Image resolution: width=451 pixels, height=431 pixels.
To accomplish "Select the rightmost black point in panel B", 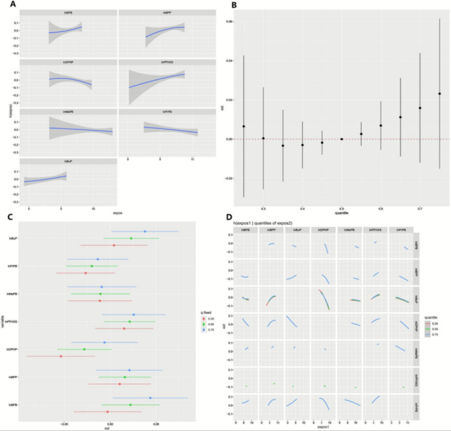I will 440,94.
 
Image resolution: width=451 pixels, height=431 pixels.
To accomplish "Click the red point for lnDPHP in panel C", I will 61,356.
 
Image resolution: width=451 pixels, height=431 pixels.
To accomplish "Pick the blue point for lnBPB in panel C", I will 150,398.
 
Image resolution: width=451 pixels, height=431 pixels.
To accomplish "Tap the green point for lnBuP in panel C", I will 131,238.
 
